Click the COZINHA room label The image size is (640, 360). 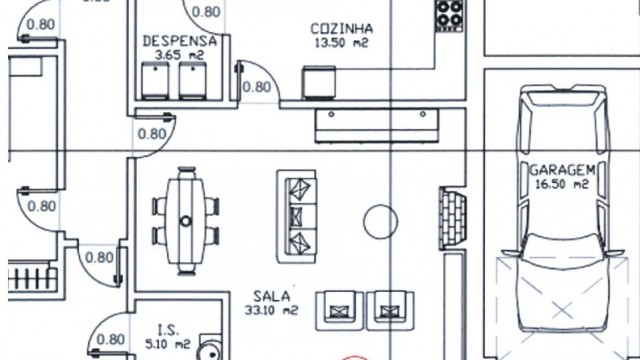(x=342, y=28)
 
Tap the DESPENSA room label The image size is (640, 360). (x=180, y=41)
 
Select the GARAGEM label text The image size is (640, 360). (x=563, y=170)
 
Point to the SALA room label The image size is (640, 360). (x=271, y=296)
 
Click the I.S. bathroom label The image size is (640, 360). (x=168, y=329)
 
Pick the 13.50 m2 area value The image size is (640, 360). (x=342, y=44)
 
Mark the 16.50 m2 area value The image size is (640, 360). (x=563, y=185)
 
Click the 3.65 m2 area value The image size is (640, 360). (x=181, y=56)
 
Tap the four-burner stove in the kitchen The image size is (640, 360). (x=449, y=16)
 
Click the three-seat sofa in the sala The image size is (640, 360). (x=297, y=215)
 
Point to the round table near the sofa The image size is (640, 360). (x=380, y=221)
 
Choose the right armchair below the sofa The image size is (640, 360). (x=391, y=309)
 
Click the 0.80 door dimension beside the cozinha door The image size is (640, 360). (x=258, y=87)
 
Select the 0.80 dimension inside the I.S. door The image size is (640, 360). (x=114, y=339)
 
